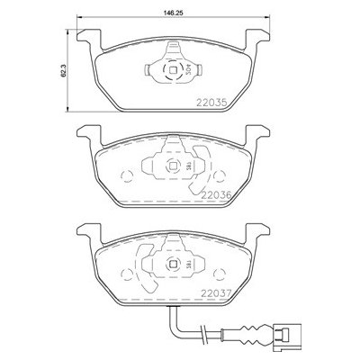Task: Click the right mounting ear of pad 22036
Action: pos(260,134)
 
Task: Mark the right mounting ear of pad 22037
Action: pos(260,232)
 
